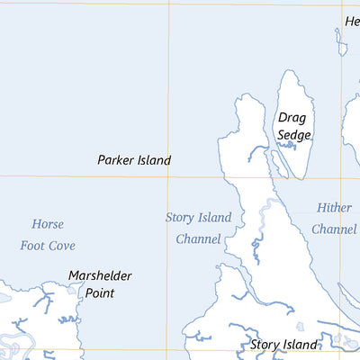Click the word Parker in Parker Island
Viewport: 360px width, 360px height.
click(x=116, y=160)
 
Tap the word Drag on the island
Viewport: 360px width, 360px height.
click(x=292, y=117)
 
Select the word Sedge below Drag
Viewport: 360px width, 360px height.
click(x=294, y=135)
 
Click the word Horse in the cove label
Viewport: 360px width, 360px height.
click(x=48, y=224)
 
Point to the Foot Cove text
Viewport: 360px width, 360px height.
click(x=48, y=245)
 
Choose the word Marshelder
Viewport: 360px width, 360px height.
click(x=101, y=275)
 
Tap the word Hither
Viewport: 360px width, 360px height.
click(x=334, y=208)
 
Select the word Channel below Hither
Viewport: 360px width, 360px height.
click(x=334, y=229)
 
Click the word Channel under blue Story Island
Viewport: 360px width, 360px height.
click(x=198, y=239)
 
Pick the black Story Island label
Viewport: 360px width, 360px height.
click(x=283, y=345)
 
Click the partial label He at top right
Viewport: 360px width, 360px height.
click(x=352, y=22)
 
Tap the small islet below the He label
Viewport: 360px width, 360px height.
click(x=341, y=40)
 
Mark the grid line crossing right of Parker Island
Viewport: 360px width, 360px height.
click(x=167, y=175)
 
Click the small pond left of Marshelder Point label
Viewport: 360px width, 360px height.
click(x=72, y=289)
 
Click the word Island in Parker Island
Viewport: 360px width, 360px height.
click(x=153, y=160)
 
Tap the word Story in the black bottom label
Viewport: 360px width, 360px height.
click(x=266, y=345)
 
